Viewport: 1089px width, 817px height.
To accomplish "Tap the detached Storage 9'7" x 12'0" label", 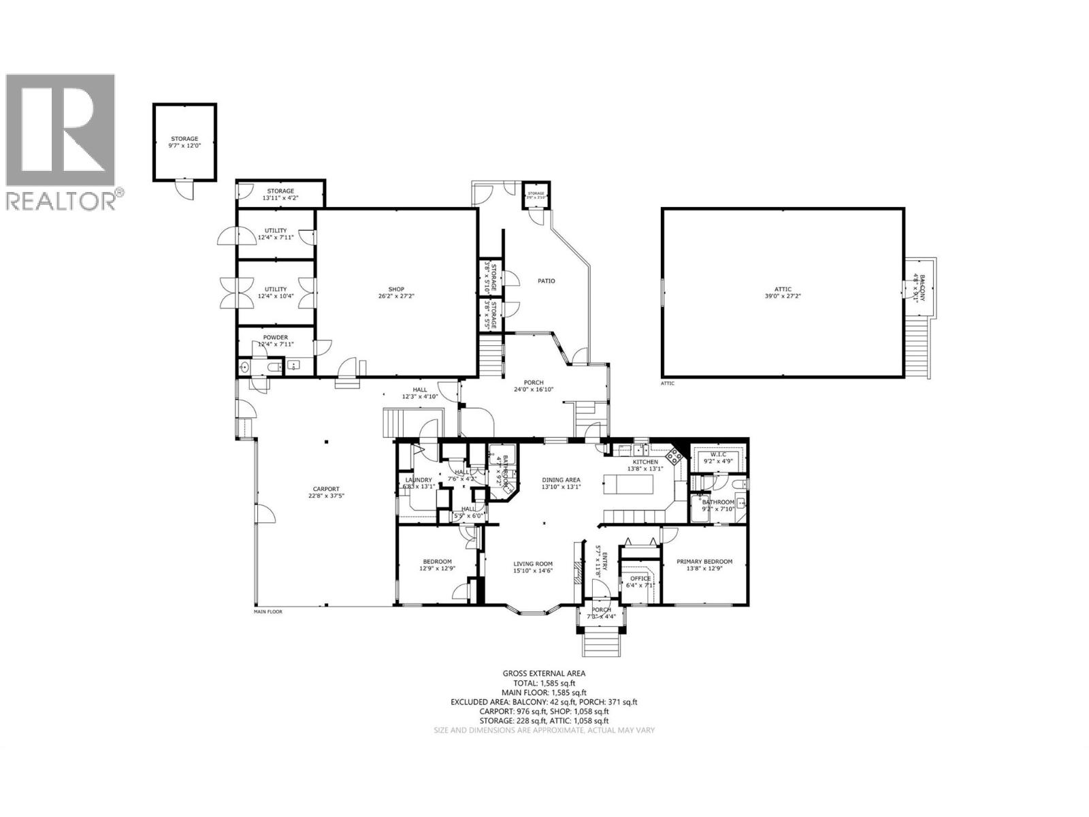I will [x=184, y=142].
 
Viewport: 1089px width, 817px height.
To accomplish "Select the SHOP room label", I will [x=397, y=293].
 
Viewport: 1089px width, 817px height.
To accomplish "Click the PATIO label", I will [x=547, y=281].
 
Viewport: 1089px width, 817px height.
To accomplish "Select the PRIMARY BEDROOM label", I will [x=704, y=565].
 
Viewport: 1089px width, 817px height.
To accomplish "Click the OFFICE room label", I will [x=640, y=581].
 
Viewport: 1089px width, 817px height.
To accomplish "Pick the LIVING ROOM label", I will [x=533, y=567].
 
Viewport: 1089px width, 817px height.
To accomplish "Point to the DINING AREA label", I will [x=561, y=483].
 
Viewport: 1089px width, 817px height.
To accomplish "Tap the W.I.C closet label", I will [x=719, y=458].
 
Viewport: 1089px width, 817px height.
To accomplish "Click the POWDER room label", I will [x=276, y=340].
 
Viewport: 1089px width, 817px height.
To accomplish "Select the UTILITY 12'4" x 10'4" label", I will [x=276, y=293].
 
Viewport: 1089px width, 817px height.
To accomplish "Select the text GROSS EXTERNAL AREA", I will [x=544, y=673].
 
